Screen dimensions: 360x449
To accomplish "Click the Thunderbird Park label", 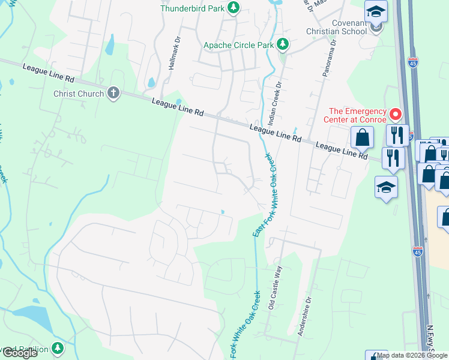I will pyautogui.click(x=193, y=8).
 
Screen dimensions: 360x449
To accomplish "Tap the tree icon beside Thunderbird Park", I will pyautogui.click(x=234, y=8).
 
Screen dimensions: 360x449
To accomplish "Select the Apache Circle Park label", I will pyautogui.click(x=238, y=45).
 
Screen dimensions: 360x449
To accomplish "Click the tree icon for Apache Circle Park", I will pyautogui.click(x=282, y=44).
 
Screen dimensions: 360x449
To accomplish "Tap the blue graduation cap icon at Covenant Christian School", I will pyautogui.click(x=376, y=11).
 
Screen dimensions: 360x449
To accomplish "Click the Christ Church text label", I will pyautogui.click(x=78, y=93).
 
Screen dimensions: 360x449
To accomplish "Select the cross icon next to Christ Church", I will pyautogui.click(x=113, y=92).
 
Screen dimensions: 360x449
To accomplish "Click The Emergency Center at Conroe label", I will pyautogui.click(x=357, y=112).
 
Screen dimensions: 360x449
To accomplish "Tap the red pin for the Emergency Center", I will pyautogui.click(x=395, y=113).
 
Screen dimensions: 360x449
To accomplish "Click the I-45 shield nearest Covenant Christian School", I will pyautogui.click(x=412, y=61).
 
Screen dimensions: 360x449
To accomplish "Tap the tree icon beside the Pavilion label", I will pyautogui.click(x=57, y=347).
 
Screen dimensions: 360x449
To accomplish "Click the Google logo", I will pyautogui.click(x=20, y=353).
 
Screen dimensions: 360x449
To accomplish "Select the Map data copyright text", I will pyautogui.click(x=412, y=355).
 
